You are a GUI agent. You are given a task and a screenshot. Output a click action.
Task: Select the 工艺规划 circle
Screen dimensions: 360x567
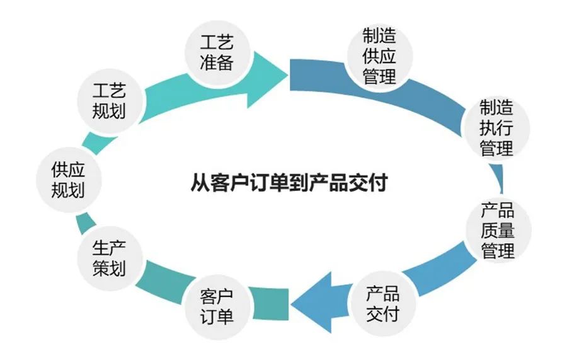109,101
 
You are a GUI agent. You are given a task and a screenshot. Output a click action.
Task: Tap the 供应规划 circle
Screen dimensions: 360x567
68,179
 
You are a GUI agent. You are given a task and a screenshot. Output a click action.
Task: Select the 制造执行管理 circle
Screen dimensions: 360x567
496,128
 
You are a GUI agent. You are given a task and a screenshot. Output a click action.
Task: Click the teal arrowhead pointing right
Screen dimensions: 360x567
271,74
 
